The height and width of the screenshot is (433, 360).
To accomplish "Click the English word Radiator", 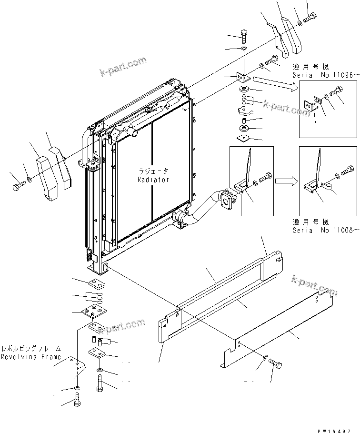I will coord(153,180).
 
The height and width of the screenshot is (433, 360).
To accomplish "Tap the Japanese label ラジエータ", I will coord(153,171).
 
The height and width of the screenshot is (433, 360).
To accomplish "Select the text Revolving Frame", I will coord(30,357).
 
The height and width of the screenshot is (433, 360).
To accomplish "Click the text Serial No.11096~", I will coord(324,76).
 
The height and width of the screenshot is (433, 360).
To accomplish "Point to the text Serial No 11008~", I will coord(324,230).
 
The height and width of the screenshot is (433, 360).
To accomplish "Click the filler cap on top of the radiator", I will coord(150,111).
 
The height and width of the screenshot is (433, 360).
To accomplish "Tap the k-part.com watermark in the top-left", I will coord(123,67).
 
